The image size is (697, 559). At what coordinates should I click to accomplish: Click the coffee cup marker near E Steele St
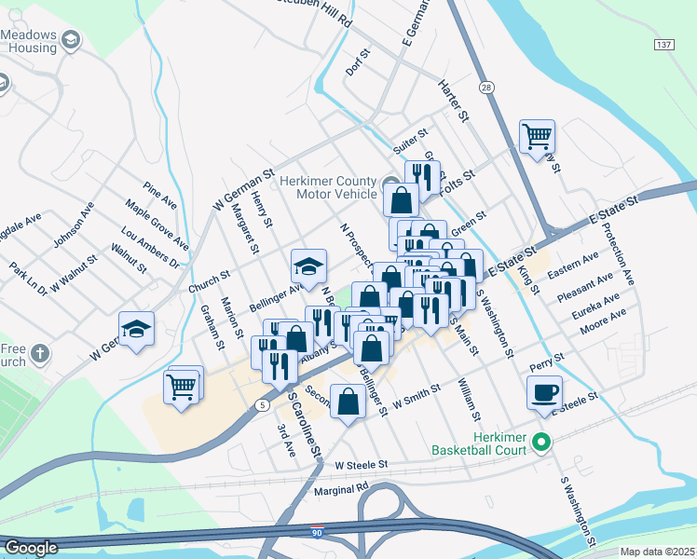pyautogui.click(x=545, y=392)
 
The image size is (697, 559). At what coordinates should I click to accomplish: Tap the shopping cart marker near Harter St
pyautogui.click(x=538, y=137)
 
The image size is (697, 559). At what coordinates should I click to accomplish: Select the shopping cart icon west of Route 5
pyautogui.click(x=182, y=385)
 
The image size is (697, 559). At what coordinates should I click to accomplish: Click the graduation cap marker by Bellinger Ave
pyautogui.click(x=309, y=267)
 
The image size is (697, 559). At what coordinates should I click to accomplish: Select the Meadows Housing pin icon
pyautogui.click(x=72, y=39)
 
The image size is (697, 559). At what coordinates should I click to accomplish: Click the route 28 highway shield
pyautogui.click(x=486, y=87)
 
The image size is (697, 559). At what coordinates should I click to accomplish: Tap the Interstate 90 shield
pyautogui.click(x=318, y=531)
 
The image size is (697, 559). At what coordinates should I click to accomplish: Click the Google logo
pyautogui.click(x=31, y=548)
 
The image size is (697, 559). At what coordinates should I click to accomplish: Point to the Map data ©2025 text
pyautogui.click(x=658, y=552)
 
